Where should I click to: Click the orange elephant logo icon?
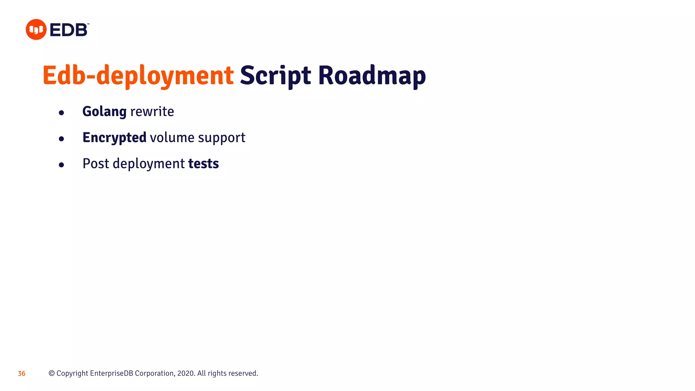click(x=36, y=30)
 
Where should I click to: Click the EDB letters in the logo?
click(x=69, y=30)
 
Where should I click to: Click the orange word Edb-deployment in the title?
click(x=138, y=75)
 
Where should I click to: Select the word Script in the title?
click(x=275, y=75)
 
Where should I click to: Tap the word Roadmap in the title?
click(x=372, y=75)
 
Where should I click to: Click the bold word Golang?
click(x=104, y=112)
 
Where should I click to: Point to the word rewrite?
click(x=152, y=112)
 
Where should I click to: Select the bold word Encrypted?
click(x=114, y=138)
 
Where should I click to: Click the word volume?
click(x=172, y=138)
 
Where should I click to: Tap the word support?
click(x=221, y=138)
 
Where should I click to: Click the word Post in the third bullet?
click(x=96, y=164)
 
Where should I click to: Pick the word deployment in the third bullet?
click(x=149, y=164)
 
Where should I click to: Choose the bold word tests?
click(x=203, y=164)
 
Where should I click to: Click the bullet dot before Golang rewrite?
click(x=61, y=113)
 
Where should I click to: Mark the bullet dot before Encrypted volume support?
click(x=61, y=139)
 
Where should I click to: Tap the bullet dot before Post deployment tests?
click(x=61, y=165)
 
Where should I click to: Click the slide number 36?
click(x=22, y=374)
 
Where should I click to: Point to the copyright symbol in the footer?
click(x=52, y=373)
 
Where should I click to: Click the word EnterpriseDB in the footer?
click(x=112, y=373)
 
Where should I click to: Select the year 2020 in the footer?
click(x=185, y=373)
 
